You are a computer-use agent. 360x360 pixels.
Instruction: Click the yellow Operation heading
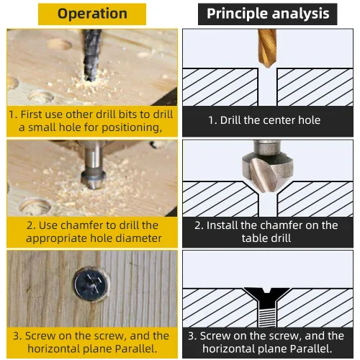click(92, 14)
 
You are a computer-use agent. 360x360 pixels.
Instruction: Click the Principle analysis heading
click(268, 14)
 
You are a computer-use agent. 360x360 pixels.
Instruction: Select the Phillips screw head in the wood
click(91, 284)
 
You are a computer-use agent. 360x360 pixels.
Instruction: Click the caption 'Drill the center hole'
click(264, 120)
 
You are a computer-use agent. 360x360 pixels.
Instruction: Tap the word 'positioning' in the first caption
click(130, 127)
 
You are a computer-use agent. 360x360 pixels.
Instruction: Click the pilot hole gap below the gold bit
click(268, 87)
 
